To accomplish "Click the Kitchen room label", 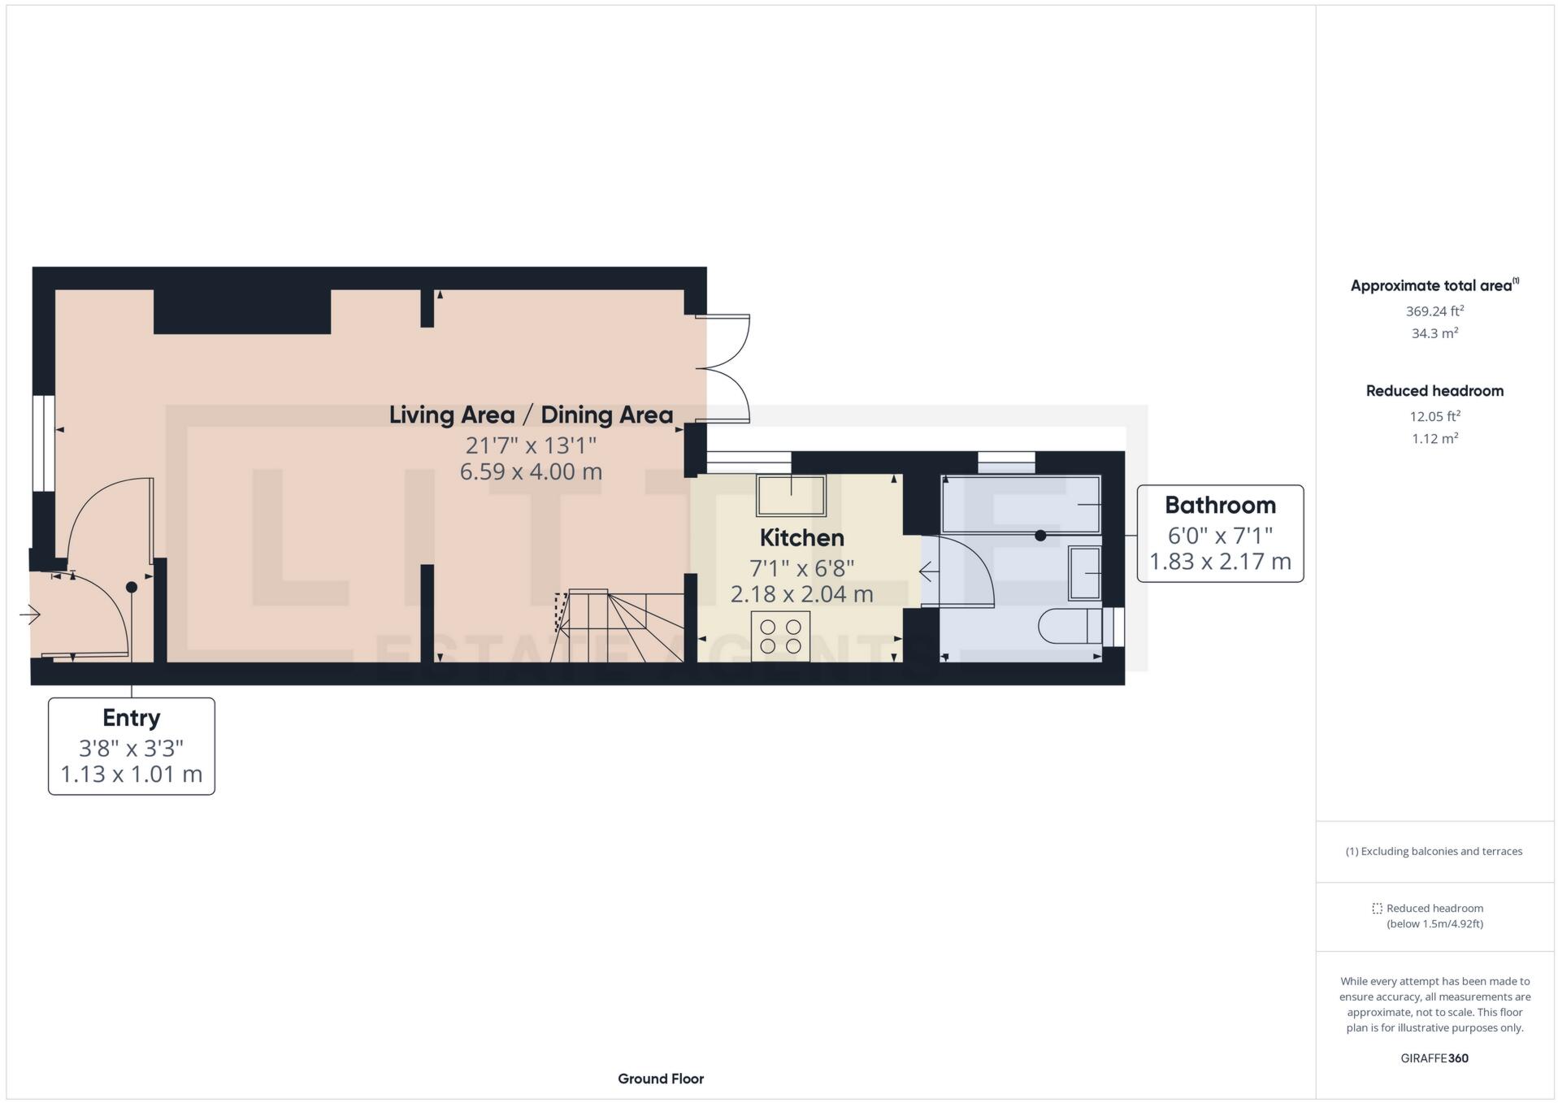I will pos(801,538).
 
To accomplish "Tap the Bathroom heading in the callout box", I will pos(1219,506).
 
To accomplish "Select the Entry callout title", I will pos(131,718).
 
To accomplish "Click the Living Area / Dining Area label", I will pos(531,415).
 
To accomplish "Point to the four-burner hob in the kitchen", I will pos(780,636).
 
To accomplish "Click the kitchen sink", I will pos(791,495).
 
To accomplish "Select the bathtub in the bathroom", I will pos(1020,504).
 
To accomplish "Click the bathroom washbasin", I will pos(1084,573).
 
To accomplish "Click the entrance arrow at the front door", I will pos(30,614).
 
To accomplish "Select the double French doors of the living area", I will pos(726,368).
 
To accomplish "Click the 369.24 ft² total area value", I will pos(1434,311).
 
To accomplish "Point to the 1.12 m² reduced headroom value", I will pos(1434,439).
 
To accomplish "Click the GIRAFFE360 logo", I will pos(1434,1058).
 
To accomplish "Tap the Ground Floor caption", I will pos(660,1079).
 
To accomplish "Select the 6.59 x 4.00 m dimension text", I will pos(531,471).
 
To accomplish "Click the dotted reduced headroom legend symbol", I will pos(1377,909).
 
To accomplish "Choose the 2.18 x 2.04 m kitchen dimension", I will pos(801,594).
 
